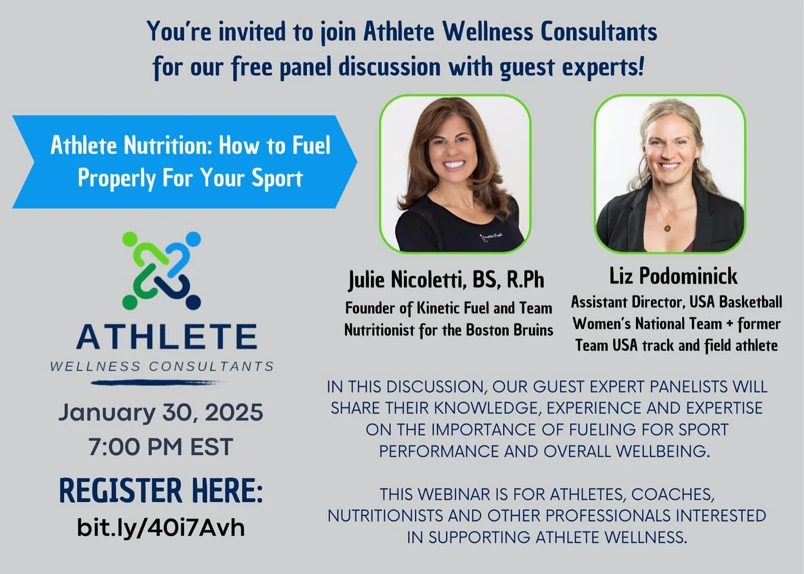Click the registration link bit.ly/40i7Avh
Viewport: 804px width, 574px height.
click(161, 527)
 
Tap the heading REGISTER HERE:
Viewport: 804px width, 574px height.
click(161, 491)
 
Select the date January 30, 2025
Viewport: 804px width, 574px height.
click(161, 413)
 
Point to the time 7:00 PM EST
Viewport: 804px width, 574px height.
click(161, 447)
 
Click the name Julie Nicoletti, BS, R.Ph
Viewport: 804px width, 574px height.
click(446, 280)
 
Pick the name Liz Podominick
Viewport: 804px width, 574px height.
click(673, 276)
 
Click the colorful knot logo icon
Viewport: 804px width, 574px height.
click(161, 270)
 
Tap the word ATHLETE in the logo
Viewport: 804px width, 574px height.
click(166, 337)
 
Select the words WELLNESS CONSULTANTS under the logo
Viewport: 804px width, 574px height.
click(162, 367)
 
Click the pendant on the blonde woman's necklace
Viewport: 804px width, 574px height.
click(668, 227)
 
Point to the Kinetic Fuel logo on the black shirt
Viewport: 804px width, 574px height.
click(492, 237)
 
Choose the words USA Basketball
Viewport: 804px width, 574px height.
click(736, 302)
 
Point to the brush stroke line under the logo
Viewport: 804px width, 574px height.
click(159, 382)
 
